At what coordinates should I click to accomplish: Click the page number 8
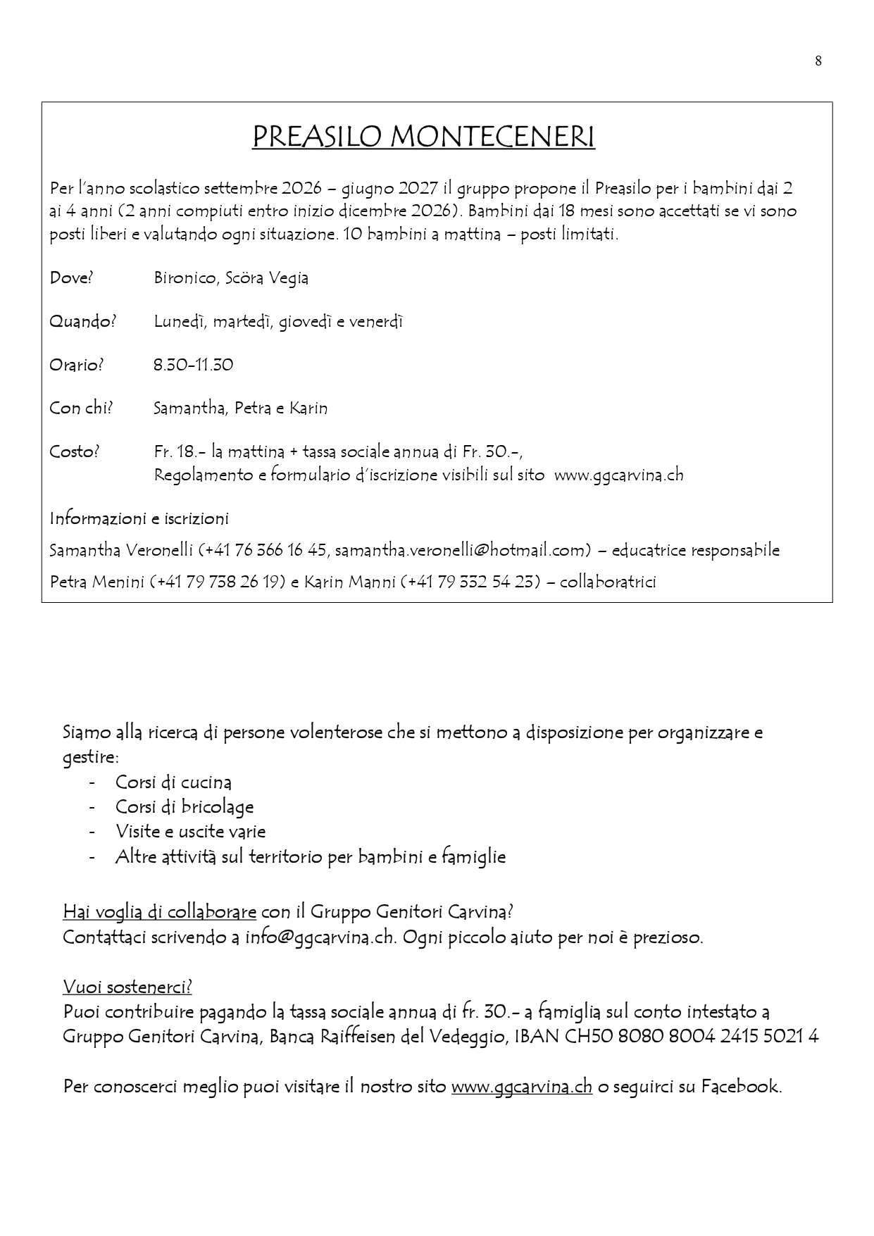coord(818,61)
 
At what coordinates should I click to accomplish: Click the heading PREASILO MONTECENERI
coord(423,137)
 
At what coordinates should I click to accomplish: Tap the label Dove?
coord(71,278)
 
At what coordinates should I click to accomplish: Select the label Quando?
coord(82,322)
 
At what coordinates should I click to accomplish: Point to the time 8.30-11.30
coord(193,365)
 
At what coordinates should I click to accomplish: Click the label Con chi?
coord(81,408)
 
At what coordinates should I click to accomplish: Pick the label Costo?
coord(75,452)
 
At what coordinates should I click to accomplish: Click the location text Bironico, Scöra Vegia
coord(231,278)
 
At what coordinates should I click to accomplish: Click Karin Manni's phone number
coord(471,582)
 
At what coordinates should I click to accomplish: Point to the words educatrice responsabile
coord(695,550)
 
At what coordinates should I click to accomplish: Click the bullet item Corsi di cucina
coord(173,782)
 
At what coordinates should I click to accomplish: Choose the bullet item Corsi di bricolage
coord(185,807)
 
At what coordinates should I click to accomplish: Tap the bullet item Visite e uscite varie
coord(190,832)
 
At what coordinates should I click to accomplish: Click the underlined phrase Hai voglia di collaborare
coord(159,912)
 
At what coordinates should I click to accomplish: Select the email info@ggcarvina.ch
coord(321,937)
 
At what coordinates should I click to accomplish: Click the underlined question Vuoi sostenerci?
coord(127,987)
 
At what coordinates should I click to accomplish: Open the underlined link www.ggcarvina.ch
coord(521,1086)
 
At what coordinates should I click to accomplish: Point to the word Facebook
coord(739,1086)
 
